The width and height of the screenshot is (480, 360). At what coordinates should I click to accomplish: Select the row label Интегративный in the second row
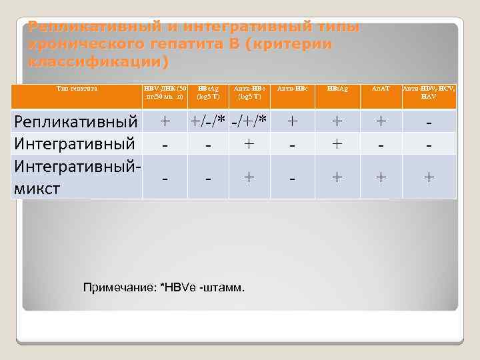tap(76, 143)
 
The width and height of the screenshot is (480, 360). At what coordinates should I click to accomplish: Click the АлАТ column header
tap(381, 88)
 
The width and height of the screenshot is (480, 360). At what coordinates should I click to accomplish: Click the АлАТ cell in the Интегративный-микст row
tap(381, 177)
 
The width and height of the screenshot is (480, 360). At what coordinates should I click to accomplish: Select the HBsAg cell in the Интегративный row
tap(338, 143)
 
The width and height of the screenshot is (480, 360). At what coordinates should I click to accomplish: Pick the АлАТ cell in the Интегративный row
tap(381, 143)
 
